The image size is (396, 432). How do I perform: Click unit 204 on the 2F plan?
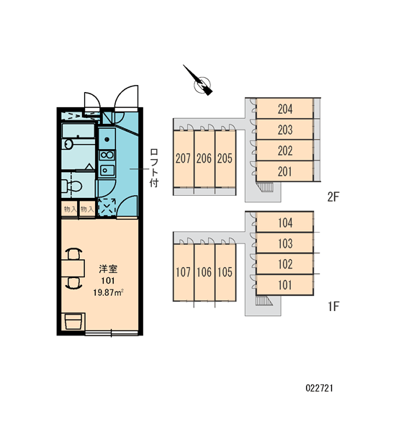point(284,109)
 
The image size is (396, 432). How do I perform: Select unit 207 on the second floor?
point(184,158)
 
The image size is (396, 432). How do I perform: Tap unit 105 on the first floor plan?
point(225,272)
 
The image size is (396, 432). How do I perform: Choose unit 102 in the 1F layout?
point(284,264)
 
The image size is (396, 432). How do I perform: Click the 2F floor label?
point(333,197)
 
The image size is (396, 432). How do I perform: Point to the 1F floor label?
point(333,306)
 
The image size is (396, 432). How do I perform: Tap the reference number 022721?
point(319,388)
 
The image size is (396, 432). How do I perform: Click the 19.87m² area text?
point(108,292)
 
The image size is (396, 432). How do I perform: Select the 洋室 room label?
point(108,269)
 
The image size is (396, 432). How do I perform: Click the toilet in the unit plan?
point(71,186)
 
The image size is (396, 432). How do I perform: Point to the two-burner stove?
point(107,155)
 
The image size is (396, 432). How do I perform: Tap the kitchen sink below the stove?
point(107,171)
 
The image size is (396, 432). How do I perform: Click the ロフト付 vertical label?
point(154,168)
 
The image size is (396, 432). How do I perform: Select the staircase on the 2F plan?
point(265,187)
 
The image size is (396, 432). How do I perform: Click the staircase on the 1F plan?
point(264,300)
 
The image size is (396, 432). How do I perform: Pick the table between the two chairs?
point(73,268)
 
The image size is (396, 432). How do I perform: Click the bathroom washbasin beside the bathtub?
point(67,144)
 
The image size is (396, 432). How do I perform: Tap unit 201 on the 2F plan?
point(284,171)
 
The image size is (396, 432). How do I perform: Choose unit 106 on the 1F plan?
point(204,272)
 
